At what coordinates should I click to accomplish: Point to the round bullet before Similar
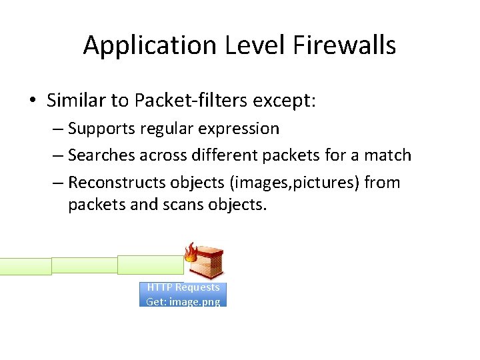click(33, 101)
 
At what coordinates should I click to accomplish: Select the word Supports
click(99, 128)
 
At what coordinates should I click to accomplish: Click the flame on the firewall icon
click(191, 253)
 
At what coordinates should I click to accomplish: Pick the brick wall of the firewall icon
click(209, 265)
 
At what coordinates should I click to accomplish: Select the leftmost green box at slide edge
click(25, 267)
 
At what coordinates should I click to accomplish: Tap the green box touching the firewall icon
click(151, 265)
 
